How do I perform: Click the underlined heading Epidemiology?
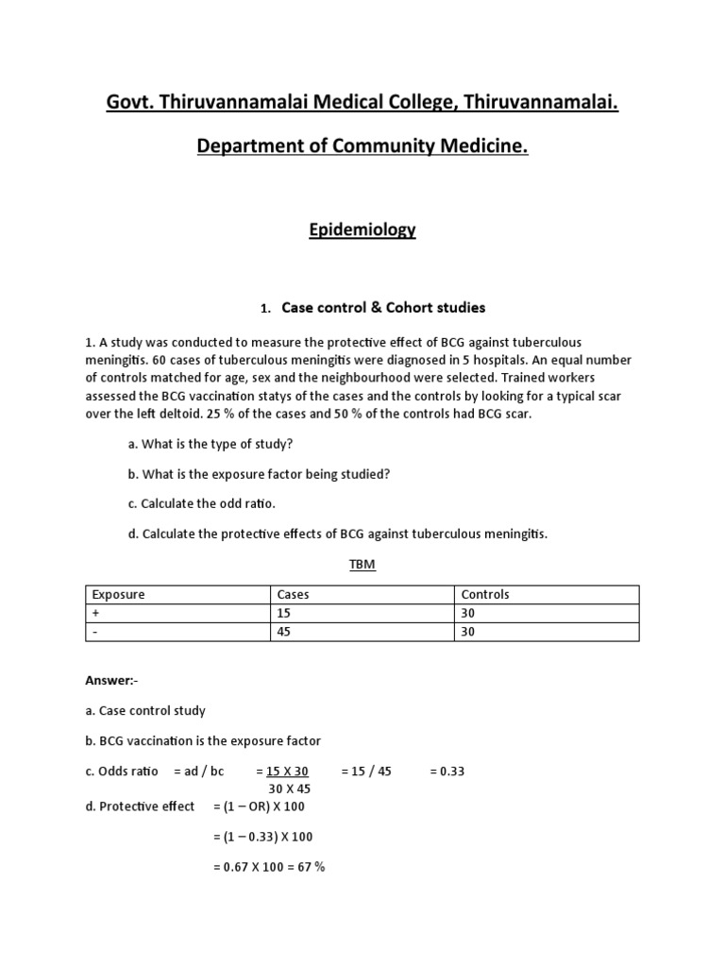[362, 229]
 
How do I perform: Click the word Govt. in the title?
[131, 102]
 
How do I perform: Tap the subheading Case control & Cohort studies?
[383, 307]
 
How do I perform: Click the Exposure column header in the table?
[118, 595]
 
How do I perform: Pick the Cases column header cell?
[293, 595]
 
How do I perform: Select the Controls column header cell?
[485, 595]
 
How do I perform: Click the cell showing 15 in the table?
[284, 614]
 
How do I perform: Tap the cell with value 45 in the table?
[284, 632]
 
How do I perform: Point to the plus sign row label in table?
[94, 614]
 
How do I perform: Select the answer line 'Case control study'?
[145, 710]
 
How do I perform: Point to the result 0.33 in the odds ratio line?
[447, 772]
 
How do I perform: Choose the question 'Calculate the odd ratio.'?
[201, 503]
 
